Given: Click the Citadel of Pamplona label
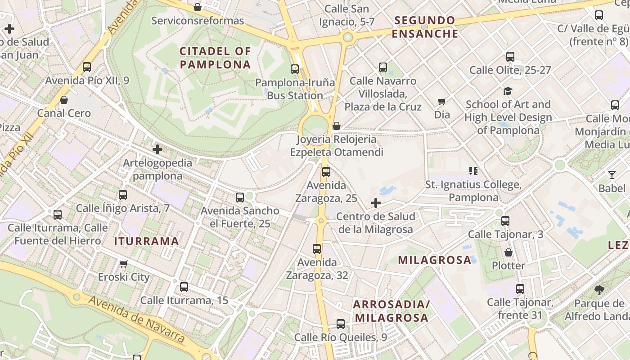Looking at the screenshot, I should click(215, 58).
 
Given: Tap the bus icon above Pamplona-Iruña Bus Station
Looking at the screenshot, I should click(295, 69).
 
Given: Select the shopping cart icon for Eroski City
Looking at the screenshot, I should click(124, 264).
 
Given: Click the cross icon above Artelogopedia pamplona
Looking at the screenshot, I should click(157, 149).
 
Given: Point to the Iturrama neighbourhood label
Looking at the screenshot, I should click(146, 241).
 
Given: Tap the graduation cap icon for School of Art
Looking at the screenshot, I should click(508, 91).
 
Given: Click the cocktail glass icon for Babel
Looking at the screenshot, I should click(612, 175).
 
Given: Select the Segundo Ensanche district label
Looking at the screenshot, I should click(424, 27).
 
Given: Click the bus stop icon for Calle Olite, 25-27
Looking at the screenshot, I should click(510, 57).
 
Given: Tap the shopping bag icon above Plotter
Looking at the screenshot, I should click(508, 252).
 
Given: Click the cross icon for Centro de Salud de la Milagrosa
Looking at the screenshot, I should click(376, 203).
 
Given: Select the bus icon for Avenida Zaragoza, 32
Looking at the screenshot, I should click(317, 249).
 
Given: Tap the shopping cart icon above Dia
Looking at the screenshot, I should click(442, 102).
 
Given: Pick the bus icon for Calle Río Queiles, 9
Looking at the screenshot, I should click(341, 324).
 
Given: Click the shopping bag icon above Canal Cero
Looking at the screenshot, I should click(64, 100).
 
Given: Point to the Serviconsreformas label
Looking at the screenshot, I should click(198, 21).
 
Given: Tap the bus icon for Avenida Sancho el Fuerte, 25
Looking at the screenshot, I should click(240, 197).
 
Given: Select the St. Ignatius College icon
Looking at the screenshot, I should click(473, 171).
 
